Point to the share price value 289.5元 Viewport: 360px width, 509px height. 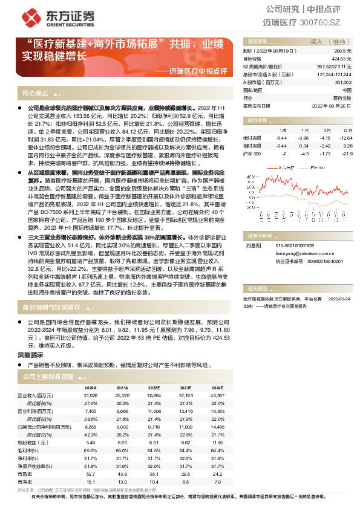342,51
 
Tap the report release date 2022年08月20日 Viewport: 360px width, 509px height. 331,105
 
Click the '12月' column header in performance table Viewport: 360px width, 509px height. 345,130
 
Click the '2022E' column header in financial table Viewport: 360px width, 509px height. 154,387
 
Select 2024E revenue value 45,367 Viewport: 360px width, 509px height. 216,395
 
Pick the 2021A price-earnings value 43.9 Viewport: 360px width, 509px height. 122,474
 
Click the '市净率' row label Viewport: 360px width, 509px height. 25,481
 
